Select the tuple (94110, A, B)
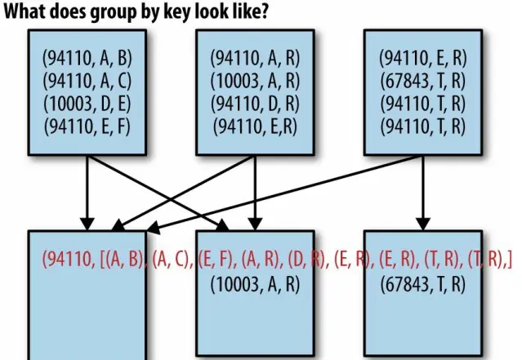[87, 58]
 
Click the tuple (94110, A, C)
[87, 81]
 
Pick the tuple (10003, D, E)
[87, 103]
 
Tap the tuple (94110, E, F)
[87, 126]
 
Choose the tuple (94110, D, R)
[256, 103]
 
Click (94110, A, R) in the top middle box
[256, 58]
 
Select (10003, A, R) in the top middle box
[256, 81]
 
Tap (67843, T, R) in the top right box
[423, 81]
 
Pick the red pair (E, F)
[216, 261]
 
